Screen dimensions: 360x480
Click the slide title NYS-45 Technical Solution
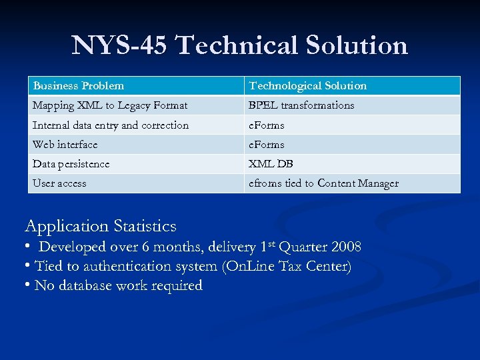(240, 45)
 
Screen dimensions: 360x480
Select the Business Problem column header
(79, 86)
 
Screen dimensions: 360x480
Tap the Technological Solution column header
(307, 86)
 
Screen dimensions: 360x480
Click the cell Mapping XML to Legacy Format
(110, 105)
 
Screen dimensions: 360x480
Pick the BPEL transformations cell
(301, 105)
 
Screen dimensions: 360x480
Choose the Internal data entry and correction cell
(111, 125)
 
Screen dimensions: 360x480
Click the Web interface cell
(65, 145)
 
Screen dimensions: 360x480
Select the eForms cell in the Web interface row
(267, 145)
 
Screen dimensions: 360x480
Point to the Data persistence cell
(71, 164)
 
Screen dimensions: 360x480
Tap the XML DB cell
(271, 164)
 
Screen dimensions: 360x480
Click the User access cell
(60, 183)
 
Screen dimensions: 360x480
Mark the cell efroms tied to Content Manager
(323, 183)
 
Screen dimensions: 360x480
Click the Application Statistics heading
(101, 226)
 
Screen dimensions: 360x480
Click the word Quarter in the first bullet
(303, 247)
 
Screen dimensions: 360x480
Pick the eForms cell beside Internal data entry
(267, 125)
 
